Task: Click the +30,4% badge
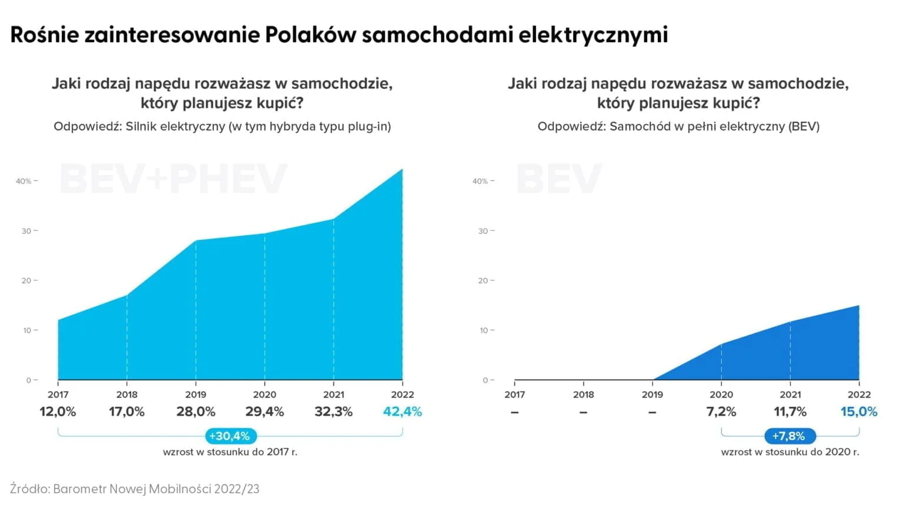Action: point(230,436)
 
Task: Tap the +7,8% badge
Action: point(789,436)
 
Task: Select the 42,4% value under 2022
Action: point(402,412)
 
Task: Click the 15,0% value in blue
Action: point(858,412)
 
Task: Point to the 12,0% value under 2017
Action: point(58,412)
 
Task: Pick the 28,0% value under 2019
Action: point(196,412)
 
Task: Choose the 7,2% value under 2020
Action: point(721,412)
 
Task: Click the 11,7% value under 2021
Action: point(790,412)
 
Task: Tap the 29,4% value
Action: point(265,412)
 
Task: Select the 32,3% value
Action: point(333,412)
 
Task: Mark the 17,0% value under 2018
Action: point(126,412)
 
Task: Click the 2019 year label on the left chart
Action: point(196,395)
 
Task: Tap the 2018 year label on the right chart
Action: point(583,395)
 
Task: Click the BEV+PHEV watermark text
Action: point(173,179)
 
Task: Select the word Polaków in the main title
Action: point(310,35)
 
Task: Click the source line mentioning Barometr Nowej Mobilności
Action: point(135,489)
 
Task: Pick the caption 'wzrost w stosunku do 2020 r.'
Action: point(790,452)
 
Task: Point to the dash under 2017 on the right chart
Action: point(514,412)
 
